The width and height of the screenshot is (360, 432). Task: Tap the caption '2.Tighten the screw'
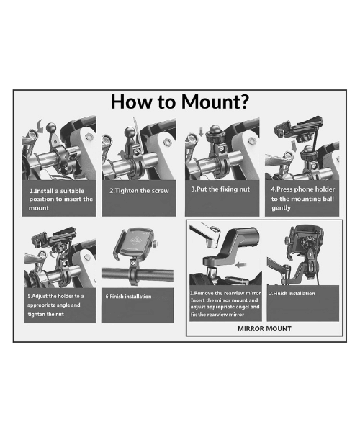tap(139, 191)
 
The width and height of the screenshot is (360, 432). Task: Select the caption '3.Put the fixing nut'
tap(220, 189)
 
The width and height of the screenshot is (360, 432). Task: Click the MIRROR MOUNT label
tap(264, 329)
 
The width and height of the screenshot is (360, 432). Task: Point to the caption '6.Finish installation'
tap(128, 297)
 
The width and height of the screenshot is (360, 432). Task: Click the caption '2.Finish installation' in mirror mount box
tap(292, 294)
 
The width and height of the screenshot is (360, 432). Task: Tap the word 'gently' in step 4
tap(281, 208)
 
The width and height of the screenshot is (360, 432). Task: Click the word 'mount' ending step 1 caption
tap(39, 208)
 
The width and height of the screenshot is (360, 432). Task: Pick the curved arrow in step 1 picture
tap(40, 126)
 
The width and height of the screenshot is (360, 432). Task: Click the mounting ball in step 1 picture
tap(52, 128)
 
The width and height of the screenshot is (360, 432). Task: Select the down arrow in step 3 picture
tap(201, 132)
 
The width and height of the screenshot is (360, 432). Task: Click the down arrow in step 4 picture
tap(294, 145)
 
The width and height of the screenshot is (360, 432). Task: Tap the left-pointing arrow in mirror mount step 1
tap(241, 265)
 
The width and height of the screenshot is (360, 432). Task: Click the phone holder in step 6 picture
tap(135, 243)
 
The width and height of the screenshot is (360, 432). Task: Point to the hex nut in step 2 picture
tap(167, 142)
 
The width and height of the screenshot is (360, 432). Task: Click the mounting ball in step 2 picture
tap(130, 131)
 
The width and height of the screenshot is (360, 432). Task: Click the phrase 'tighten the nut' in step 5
tap(46, 315)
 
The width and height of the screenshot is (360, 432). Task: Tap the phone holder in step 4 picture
tap(299, 128)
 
